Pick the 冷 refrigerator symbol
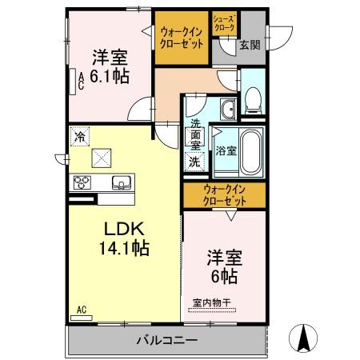(80, 137)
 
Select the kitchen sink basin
(122, 181)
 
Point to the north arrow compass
(306, 336)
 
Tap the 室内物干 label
(212, 302)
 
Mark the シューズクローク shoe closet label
(224, 23)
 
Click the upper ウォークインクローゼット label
(182, 37)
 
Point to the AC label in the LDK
(82, 309)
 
